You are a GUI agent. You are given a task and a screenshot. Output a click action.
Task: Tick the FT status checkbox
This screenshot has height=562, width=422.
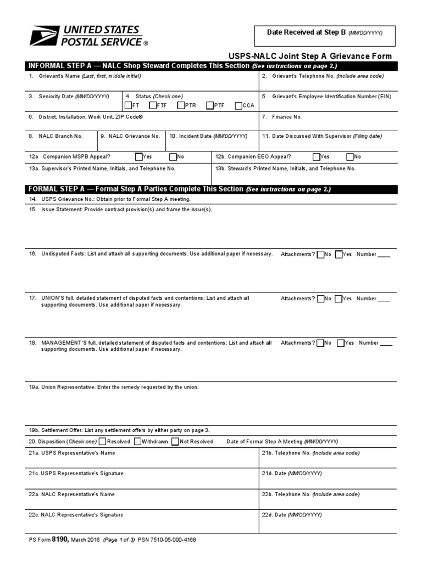[128, 106]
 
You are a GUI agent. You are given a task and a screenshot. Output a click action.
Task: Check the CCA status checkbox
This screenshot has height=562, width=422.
[238, 106]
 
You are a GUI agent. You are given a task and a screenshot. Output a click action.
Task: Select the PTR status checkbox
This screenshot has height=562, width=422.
[181, 106]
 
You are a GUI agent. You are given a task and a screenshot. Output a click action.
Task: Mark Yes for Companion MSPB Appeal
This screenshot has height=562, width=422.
[138, 156]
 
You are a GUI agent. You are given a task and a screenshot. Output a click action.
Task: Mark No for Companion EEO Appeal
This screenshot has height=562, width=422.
[350, 156]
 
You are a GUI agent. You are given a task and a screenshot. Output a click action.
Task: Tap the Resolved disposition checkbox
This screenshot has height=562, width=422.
[102, 441]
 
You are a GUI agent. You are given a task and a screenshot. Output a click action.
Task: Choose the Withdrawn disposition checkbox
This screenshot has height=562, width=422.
[137, 441]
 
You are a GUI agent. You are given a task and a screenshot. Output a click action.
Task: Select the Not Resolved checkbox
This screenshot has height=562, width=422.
[175, 441]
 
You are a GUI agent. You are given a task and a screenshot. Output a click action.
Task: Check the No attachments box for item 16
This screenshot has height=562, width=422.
[320, 254]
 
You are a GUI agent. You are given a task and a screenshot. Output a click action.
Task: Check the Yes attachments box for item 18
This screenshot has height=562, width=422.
[341, 343]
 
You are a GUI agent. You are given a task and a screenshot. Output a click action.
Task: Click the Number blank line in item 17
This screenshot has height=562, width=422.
[384, 300]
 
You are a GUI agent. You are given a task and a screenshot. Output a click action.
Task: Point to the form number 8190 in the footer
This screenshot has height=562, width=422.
[59, 539]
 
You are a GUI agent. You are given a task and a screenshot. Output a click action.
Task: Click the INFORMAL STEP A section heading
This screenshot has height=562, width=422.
[139, 66]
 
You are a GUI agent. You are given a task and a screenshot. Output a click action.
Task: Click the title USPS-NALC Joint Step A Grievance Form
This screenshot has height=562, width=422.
[310, 56]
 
